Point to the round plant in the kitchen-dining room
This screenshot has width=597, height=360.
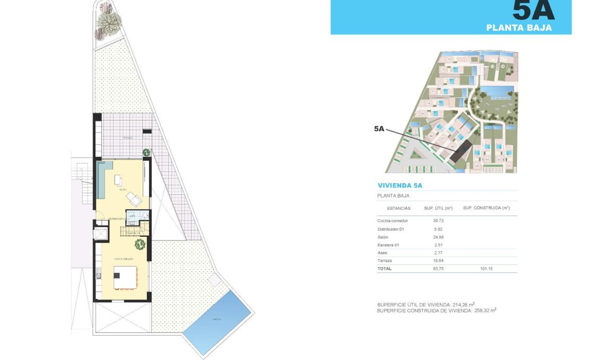[140, 244]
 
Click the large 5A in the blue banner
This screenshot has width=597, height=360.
[533, 11]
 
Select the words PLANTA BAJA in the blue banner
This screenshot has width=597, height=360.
[518, 28]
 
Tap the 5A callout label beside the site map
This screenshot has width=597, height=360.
[379, 128]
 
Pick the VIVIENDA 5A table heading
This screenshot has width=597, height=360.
[400, 185]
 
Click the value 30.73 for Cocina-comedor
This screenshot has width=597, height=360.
[438, 220]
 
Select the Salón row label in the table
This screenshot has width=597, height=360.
[383, 236]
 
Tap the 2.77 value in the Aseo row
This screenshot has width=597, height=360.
[438, 253]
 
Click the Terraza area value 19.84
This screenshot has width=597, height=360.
[438, 261]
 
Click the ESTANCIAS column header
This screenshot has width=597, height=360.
[399, 208]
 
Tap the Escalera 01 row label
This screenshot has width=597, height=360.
[387, 245]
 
